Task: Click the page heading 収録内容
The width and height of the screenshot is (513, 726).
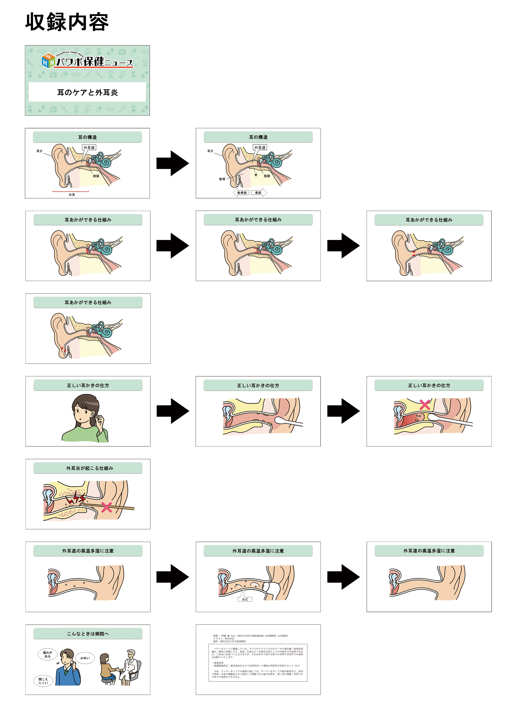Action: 67,22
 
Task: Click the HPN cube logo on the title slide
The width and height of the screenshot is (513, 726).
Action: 48,61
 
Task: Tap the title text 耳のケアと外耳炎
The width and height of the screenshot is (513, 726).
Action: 87,92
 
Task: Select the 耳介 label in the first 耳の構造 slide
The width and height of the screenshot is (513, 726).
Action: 39,151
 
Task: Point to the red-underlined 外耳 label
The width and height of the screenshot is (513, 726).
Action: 72,195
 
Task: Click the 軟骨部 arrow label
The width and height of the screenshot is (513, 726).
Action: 242,193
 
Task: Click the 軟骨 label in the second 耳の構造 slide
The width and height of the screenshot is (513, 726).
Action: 222,179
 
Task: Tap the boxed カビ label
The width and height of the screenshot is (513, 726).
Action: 245,599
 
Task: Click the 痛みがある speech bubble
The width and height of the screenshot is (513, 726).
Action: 47,654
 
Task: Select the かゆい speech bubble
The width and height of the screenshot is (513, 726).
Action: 85,658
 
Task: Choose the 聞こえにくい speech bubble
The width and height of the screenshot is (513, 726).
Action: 43,681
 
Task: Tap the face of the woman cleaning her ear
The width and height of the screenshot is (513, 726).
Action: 82,412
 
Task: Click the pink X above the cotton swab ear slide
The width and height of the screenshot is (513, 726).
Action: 425,404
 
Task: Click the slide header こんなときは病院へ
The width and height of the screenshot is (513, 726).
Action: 88,634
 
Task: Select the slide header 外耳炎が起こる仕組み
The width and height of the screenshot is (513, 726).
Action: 88,468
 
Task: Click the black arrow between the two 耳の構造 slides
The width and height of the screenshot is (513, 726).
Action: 173,163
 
